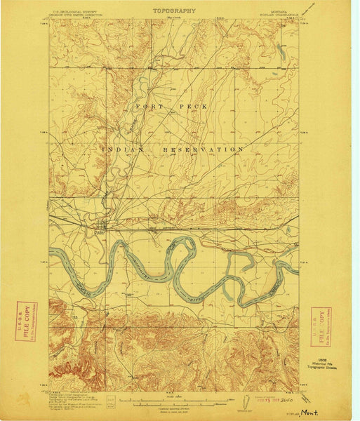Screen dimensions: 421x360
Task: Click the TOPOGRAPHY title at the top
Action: (x=175, y=11)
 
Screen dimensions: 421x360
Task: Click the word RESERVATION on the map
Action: (x=204, y=149)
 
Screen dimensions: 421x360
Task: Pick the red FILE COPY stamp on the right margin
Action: (x=321, y=324)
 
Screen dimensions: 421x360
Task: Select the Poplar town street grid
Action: (x=103, y=226)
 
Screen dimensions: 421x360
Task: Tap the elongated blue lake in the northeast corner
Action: (x=281, y=51)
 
